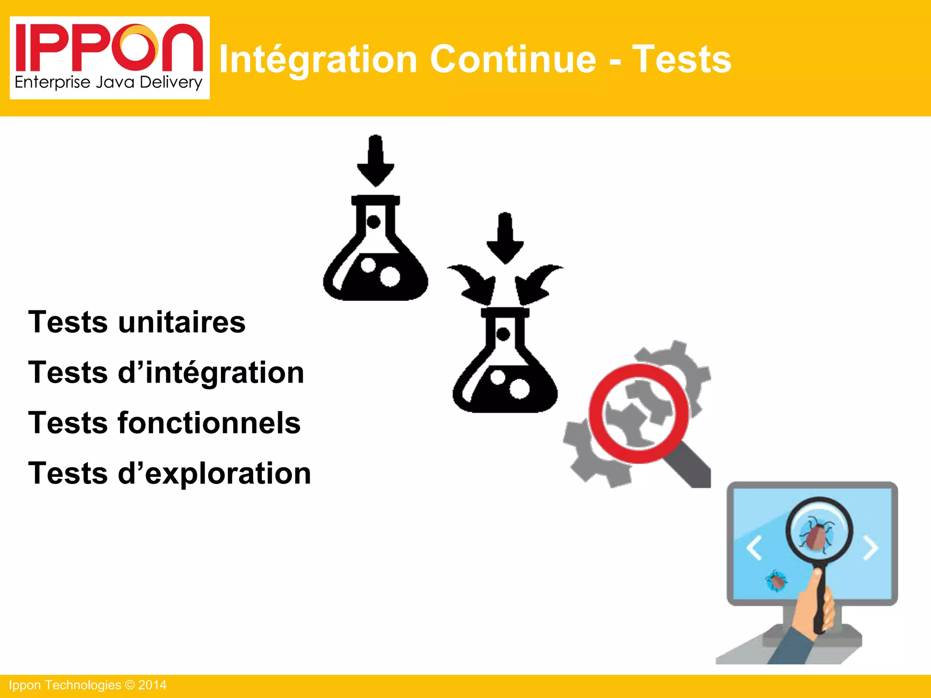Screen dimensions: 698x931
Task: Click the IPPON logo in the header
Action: coord(109,48)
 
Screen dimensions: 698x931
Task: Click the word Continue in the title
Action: coord(512,59)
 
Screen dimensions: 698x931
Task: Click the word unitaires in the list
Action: coord(182,322)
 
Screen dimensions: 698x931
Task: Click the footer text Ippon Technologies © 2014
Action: coord(88,685)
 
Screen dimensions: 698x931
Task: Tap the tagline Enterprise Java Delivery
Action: coord(108,83)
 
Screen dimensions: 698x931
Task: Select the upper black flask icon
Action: coord(375,254)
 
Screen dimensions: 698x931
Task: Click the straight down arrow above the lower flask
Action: coord(505,238)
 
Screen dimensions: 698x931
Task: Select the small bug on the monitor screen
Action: coord(776,581)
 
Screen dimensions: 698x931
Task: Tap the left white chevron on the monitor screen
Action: coord(754,548)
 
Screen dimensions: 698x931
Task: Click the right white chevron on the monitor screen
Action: coord(871,548)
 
